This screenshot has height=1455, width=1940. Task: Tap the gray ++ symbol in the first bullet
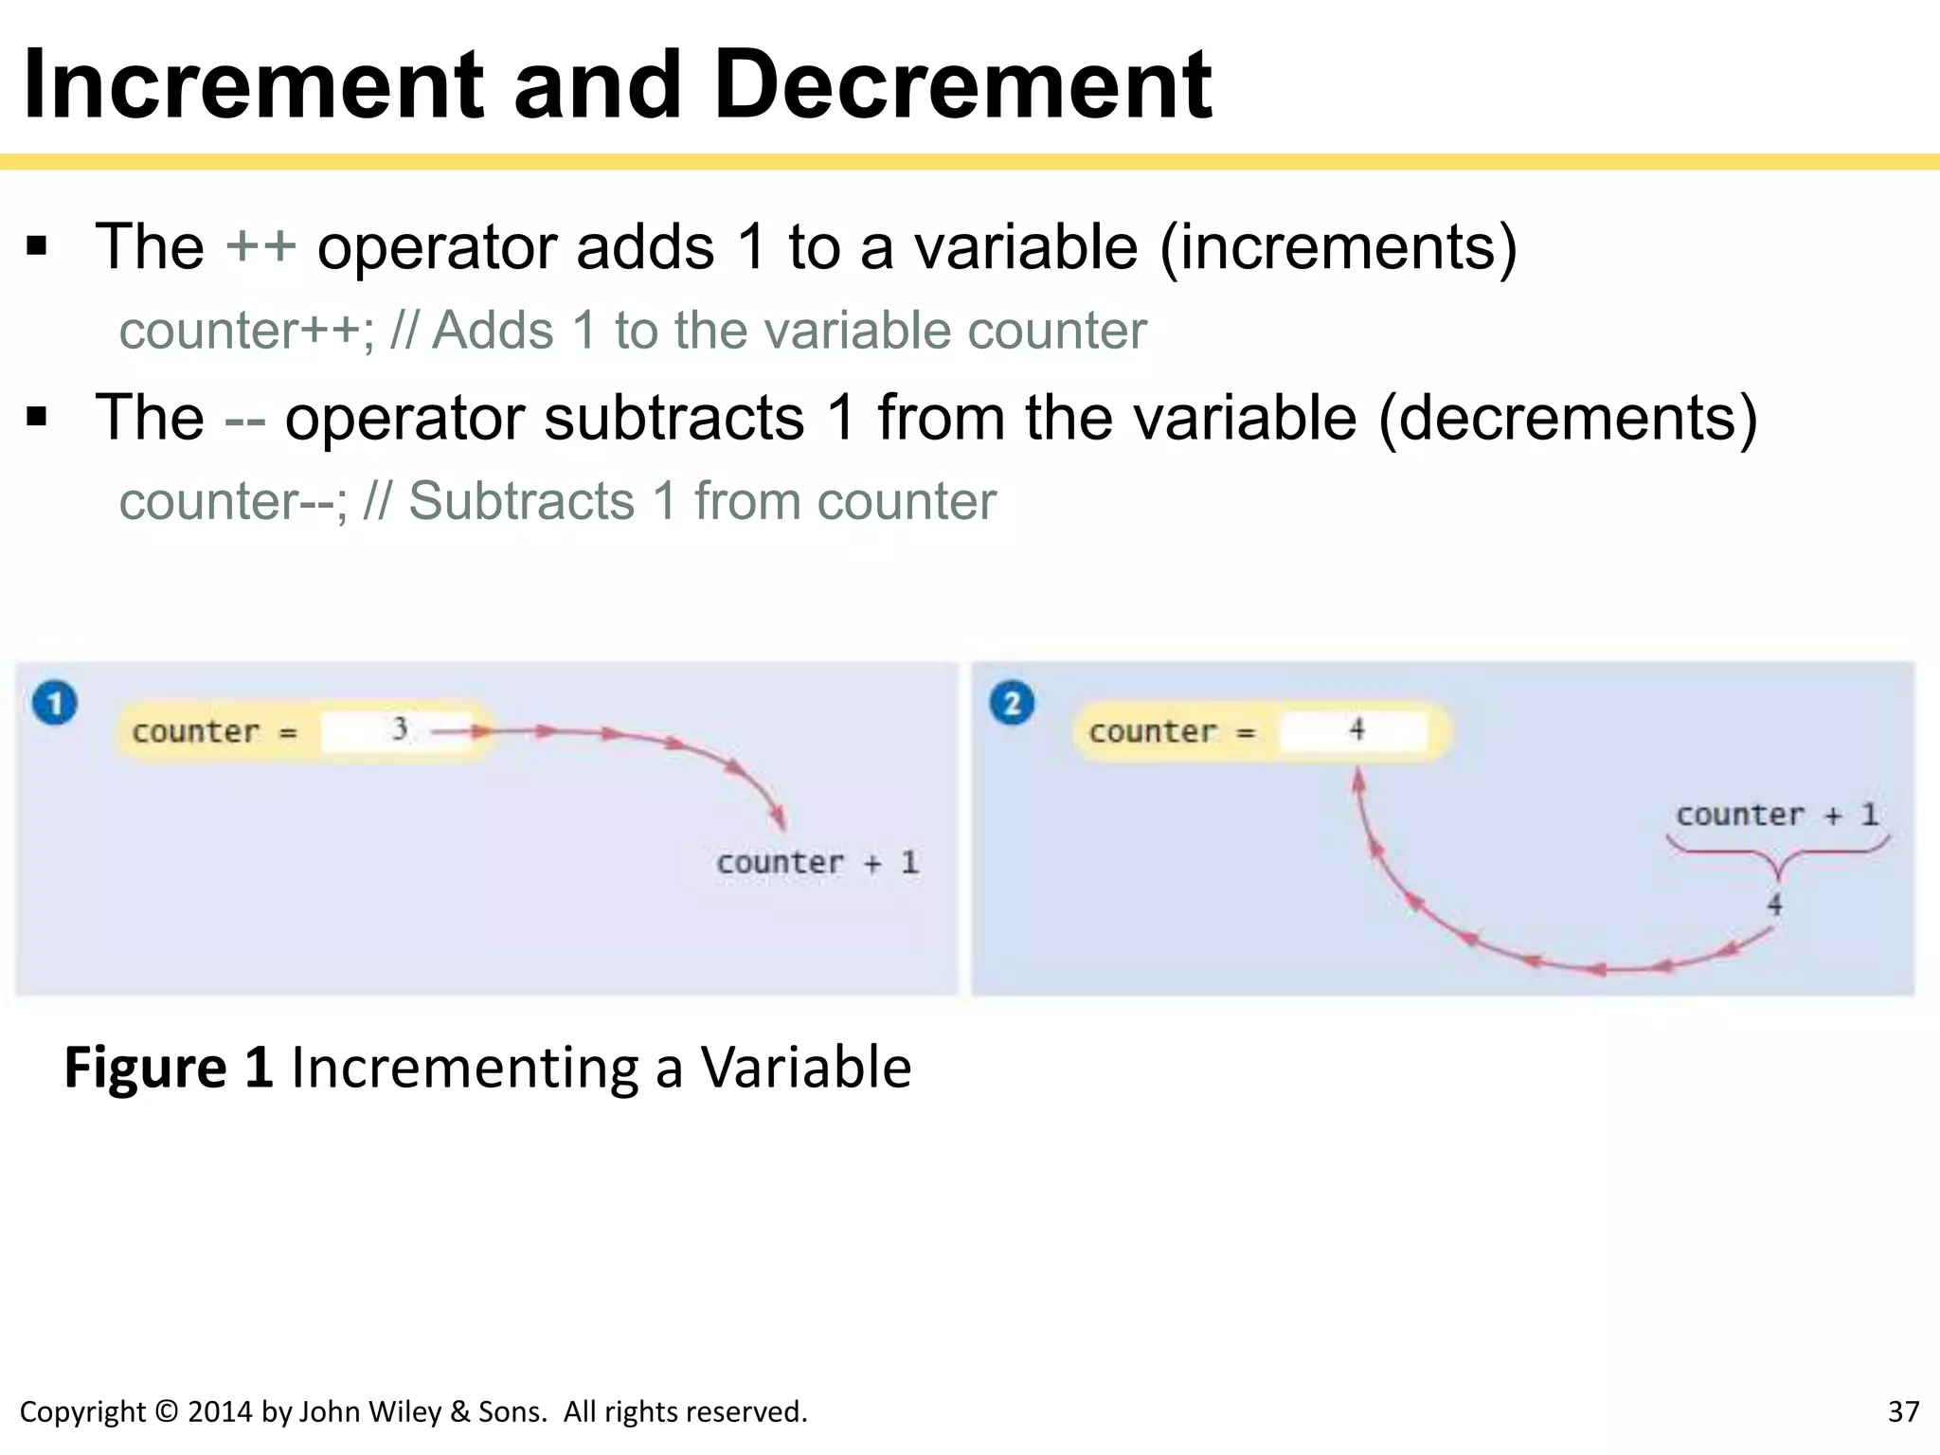click(x=260, y=247)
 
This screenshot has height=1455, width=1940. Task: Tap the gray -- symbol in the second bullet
click(x=244, y=419)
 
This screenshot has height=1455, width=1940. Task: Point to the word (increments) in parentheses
click(x=1338, y=248)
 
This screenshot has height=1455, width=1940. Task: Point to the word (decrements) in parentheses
click(x=1568, y=419)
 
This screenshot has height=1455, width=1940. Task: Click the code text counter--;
click(x=233, y=502)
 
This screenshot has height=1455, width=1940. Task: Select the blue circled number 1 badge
click(x=55, y=704)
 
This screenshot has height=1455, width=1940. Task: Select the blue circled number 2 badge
click(x=1012, y=704)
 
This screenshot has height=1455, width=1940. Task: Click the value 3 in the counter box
click(x=400, y=729)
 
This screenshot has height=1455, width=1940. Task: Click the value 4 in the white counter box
click(x=1356, y=729)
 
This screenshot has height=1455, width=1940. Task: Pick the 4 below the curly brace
click(x=1774, y=905)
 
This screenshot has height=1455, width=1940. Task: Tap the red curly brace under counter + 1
click(x=1777, y=854)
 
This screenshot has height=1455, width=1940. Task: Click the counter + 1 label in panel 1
click(x=817, y=863)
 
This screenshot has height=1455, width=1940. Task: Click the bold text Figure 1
click(x=169, y=1068)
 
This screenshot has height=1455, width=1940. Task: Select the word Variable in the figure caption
click(x=805, y=1068)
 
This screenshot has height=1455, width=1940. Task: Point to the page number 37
click(x=1903, y=1412)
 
